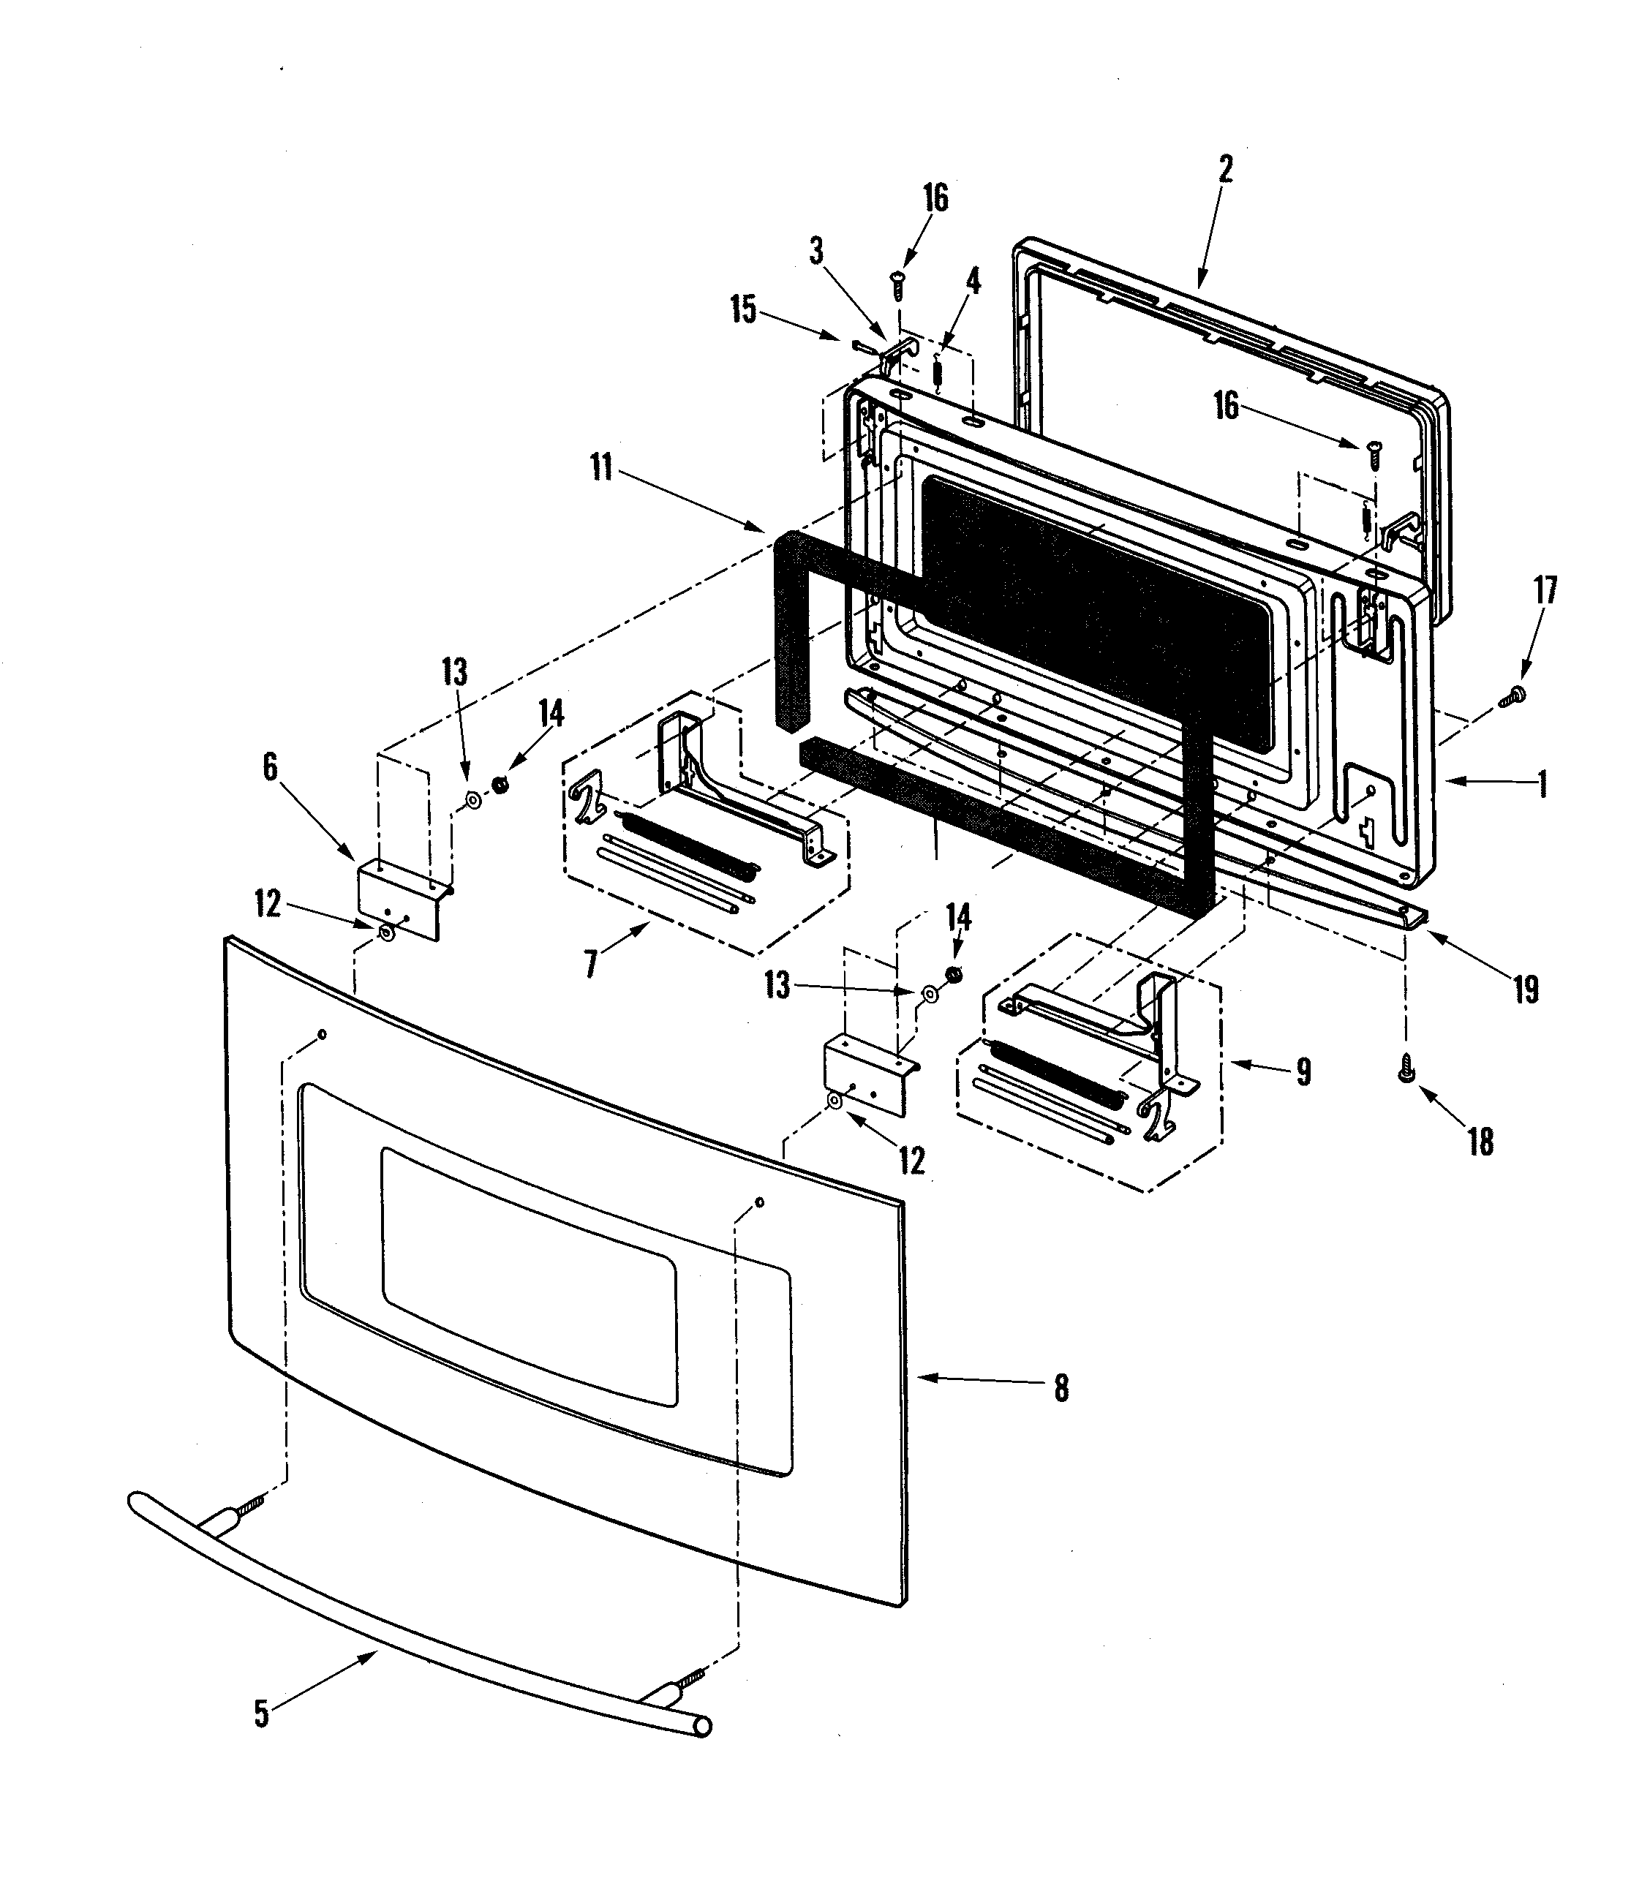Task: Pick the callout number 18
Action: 1480,1142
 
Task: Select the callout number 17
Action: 1545,590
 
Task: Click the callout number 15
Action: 743,310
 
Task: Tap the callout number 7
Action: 590,964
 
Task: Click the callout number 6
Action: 270,767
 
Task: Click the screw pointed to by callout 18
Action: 1406,1072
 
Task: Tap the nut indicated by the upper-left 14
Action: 502,785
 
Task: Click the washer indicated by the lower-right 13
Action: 929,993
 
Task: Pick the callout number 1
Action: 1543,785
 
